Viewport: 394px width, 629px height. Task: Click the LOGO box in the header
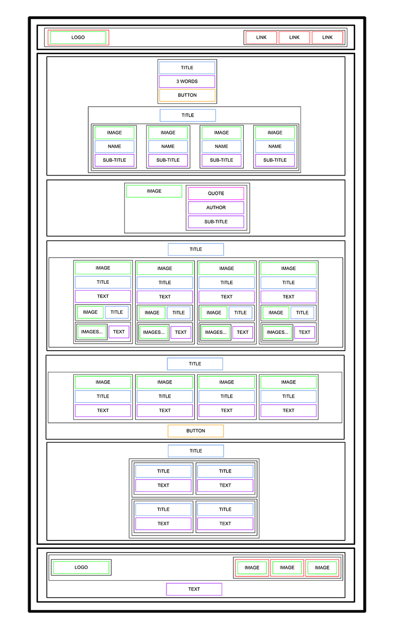pyautogui.click(x=78, y=37)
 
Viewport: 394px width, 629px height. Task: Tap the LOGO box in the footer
pyautogui.click(x=81, y=567)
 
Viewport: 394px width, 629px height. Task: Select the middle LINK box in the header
pyautogui.click(x=294, y=37)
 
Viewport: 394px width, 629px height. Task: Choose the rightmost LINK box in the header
pyautogui.click(x=328, y=37)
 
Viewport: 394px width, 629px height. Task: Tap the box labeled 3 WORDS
pyautogui.click(x=187, y=82)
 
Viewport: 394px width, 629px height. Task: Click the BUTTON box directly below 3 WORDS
pyautogui.click(x=187, y=95)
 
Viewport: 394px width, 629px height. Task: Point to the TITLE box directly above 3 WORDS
pyautogui.click(x=187, y=68)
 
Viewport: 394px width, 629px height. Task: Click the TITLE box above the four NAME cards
pyautogui.click(x=188, y=116)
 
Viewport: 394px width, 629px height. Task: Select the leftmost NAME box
pyautogui.click(x=114, y=147)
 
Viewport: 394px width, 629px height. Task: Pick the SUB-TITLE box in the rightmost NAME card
pyautogui.click(x=275, y=160)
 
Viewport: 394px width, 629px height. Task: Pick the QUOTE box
pyautogui.click(x=216, y=194)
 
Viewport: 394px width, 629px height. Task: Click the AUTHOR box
pyautogui.click(x=216, y=208)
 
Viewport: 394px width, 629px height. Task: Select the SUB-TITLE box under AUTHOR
pyautogui.click(x=216, y=222)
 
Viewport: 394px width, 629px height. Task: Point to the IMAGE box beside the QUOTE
pyautogui.click(x=154, y=191)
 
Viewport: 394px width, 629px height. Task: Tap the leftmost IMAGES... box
pyautogui.click(x=92, y=332)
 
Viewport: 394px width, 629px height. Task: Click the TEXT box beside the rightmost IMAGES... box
pyautogui.click(x=304, y=332)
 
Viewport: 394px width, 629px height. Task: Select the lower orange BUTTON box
pyautogui.click(x=196, y=431)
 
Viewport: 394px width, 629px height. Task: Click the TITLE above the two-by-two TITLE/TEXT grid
pyautogui.click(x=196, y=451)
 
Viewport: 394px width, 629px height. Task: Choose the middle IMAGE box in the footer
pyautogui.click(x=287, y=568)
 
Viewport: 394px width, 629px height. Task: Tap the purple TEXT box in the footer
pyautogui.click(x=194, y=589)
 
